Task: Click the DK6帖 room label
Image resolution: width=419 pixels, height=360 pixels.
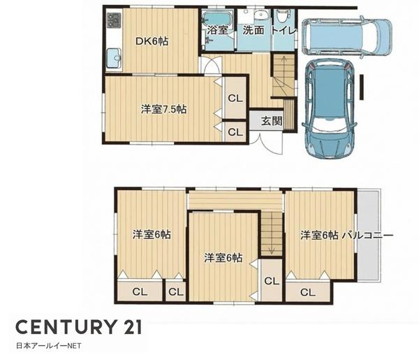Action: pos(152,41)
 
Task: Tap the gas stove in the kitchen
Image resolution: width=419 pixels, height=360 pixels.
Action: pos(114,20)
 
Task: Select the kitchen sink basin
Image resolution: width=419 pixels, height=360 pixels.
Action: pos(114,58)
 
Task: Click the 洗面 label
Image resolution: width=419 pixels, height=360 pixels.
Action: pos(253,30)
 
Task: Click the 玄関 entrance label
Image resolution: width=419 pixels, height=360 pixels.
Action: pos(272,121)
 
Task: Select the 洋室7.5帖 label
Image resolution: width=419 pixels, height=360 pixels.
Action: pos(163,109)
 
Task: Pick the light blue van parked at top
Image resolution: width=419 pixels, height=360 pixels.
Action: pos(346,37)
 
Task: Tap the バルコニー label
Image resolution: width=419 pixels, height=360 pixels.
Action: pos(368,236)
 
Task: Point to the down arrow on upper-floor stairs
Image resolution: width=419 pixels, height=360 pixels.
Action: pos(272,247)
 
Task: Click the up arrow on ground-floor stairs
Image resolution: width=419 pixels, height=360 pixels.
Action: pos(284,62)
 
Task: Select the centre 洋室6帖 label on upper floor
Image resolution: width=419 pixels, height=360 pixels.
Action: pos(223,258)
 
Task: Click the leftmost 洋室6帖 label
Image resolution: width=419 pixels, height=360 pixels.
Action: pos(152,235)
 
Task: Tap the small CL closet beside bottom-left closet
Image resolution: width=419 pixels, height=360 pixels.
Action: pos(175,291)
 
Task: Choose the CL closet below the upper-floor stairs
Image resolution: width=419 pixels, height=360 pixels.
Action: pos(272,280)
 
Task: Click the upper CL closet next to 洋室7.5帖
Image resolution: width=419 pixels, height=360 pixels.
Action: pos(235,98)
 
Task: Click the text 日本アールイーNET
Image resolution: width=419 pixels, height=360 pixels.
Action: pos(49,346)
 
